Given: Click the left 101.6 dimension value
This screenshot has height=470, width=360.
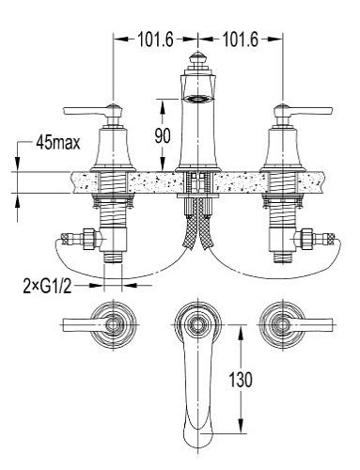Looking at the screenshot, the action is [x=155, y=39].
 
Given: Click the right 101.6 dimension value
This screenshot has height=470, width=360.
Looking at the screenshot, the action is [x=241, y=39].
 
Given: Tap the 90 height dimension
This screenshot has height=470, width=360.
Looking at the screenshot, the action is [x=163, y=135].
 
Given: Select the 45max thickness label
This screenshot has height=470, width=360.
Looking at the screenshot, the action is [x=58, y=143].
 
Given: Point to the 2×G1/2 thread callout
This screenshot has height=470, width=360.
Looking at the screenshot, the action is [x=47, y=286].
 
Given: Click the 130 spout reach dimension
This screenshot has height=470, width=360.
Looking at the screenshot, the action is [x=241, y=380].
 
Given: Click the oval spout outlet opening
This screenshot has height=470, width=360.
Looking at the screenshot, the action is [x=197, y=99].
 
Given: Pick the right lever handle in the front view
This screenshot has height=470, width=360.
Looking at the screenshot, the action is [x=303, y=111].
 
